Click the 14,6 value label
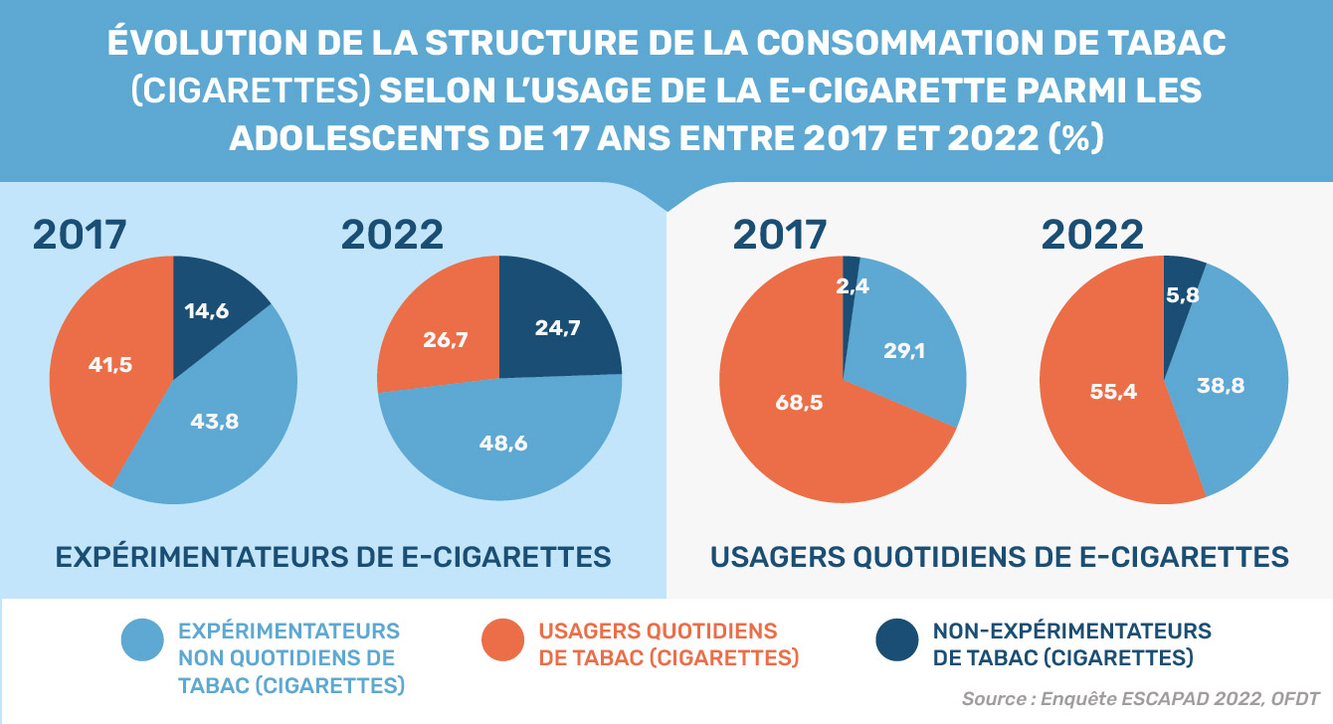pos(207,311)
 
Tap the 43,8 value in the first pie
pos(214,421)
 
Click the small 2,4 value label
pos(854,287)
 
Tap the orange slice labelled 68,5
pos(801,403)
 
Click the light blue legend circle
pos(142,641)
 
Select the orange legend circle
pos(503,641)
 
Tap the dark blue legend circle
pos(897,641)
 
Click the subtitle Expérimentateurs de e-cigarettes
pos(333,557)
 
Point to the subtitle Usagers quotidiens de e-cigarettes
pos(1000,557)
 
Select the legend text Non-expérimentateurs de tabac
pos(1071,644)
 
